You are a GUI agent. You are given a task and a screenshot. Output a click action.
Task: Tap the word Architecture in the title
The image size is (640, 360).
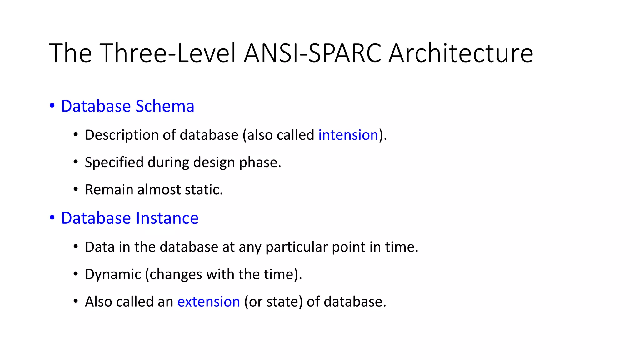click(461, 53)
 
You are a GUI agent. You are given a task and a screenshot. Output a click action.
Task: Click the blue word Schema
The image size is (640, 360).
click(165, 106)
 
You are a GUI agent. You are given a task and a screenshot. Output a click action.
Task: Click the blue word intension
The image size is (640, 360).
click(348, 135)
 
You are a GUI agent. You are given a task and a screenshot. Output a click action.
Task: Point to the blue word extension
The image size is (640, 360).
click(208, 302)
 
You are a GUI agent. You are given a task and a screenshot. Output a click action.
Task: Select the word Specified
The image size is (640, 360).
click(114, 162)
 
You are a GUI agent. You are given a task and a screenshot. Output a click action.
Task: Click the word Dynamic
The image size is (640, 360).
click(113, 275)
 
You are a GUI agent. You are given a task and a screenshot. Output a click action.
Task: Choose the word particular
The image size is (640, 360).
click(297, 247)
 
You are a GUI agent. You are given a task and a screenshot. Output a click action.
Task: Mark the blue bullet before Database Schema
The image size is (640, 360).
click(52, 106)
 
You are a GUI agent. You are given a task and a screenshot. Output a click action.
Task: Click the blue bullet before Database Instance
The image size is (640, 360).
click(52, 217)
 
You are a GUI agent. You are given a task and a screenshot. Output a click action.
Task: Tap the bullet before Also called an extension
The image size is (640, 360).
click(76, 301)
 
